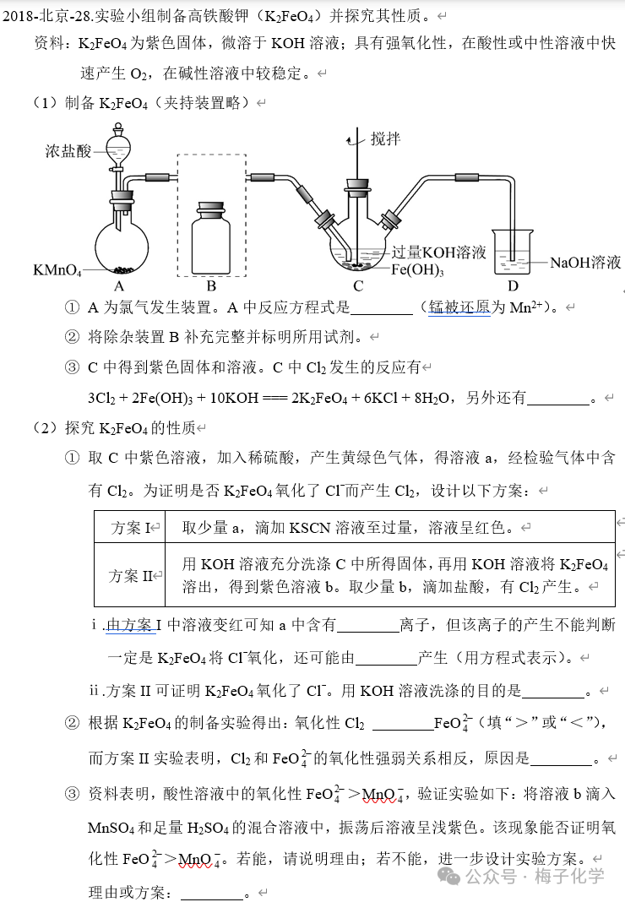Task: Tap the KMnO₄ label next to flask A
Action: [57, 270]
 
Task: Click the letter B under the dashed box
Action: [211, 285]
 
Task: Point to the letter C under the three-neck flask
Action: [358, 285]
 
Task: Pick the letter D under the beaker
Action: [513, 285]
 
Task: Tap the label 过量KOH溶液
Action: [439, 252]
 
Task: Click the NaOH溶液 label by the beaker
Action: [585, 263]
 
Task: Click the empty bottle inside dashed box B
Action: [211, 240]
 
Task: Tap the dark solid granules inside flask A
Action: [124, 270]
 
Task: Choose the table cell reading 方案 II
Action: [131, 576]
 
